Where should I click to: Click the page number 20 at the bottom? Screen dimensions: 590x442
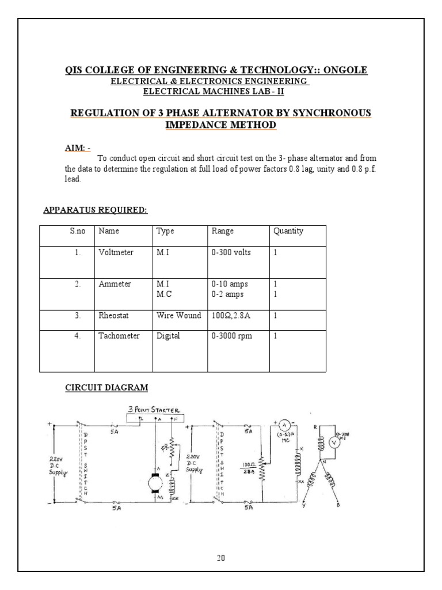pyautogui.click(x=221, y=558)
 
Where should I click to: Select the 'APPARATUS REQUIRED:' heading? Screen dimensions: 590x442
pyautogui.click(x=96, y=210)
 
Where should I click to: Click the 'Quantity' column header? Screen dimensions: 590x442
pyautogui.click(x=288, y=232)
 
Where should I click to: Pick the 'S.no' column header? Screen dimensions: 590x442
pyautogui.click(x=77, y=232)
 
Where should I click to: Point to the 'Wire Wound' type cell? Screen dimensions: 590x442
pyautogui.click(x=178, y=316)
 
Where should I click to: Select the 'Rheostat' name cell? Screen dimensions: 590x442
pyautogui.click(x=115, y=316)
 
